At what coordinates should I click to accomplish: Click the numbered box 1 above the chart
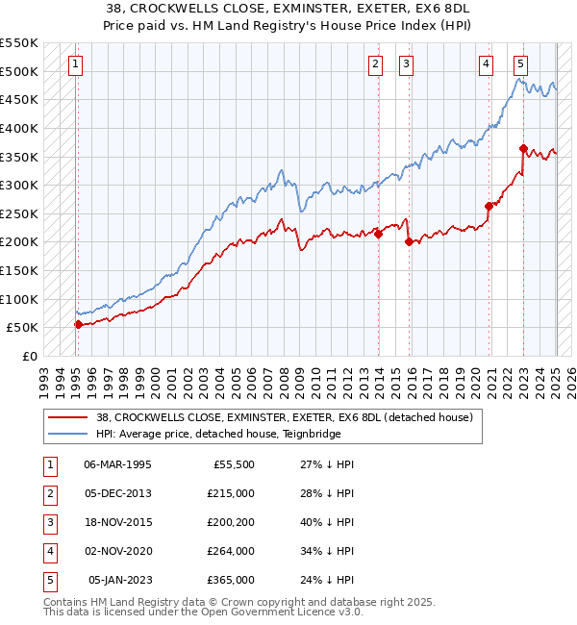75,64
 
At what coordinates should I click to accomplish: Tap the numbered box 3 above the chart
407,64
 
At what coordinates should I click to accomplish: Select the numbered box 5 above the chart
520,64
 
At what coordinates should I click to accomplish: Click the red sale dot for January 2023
523,148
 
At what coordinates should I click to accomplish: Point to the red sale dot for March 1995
78,324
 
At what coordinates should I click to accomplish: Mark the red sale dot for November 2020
489,206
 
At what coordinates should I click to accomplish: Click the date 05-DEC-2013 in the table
118,493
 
